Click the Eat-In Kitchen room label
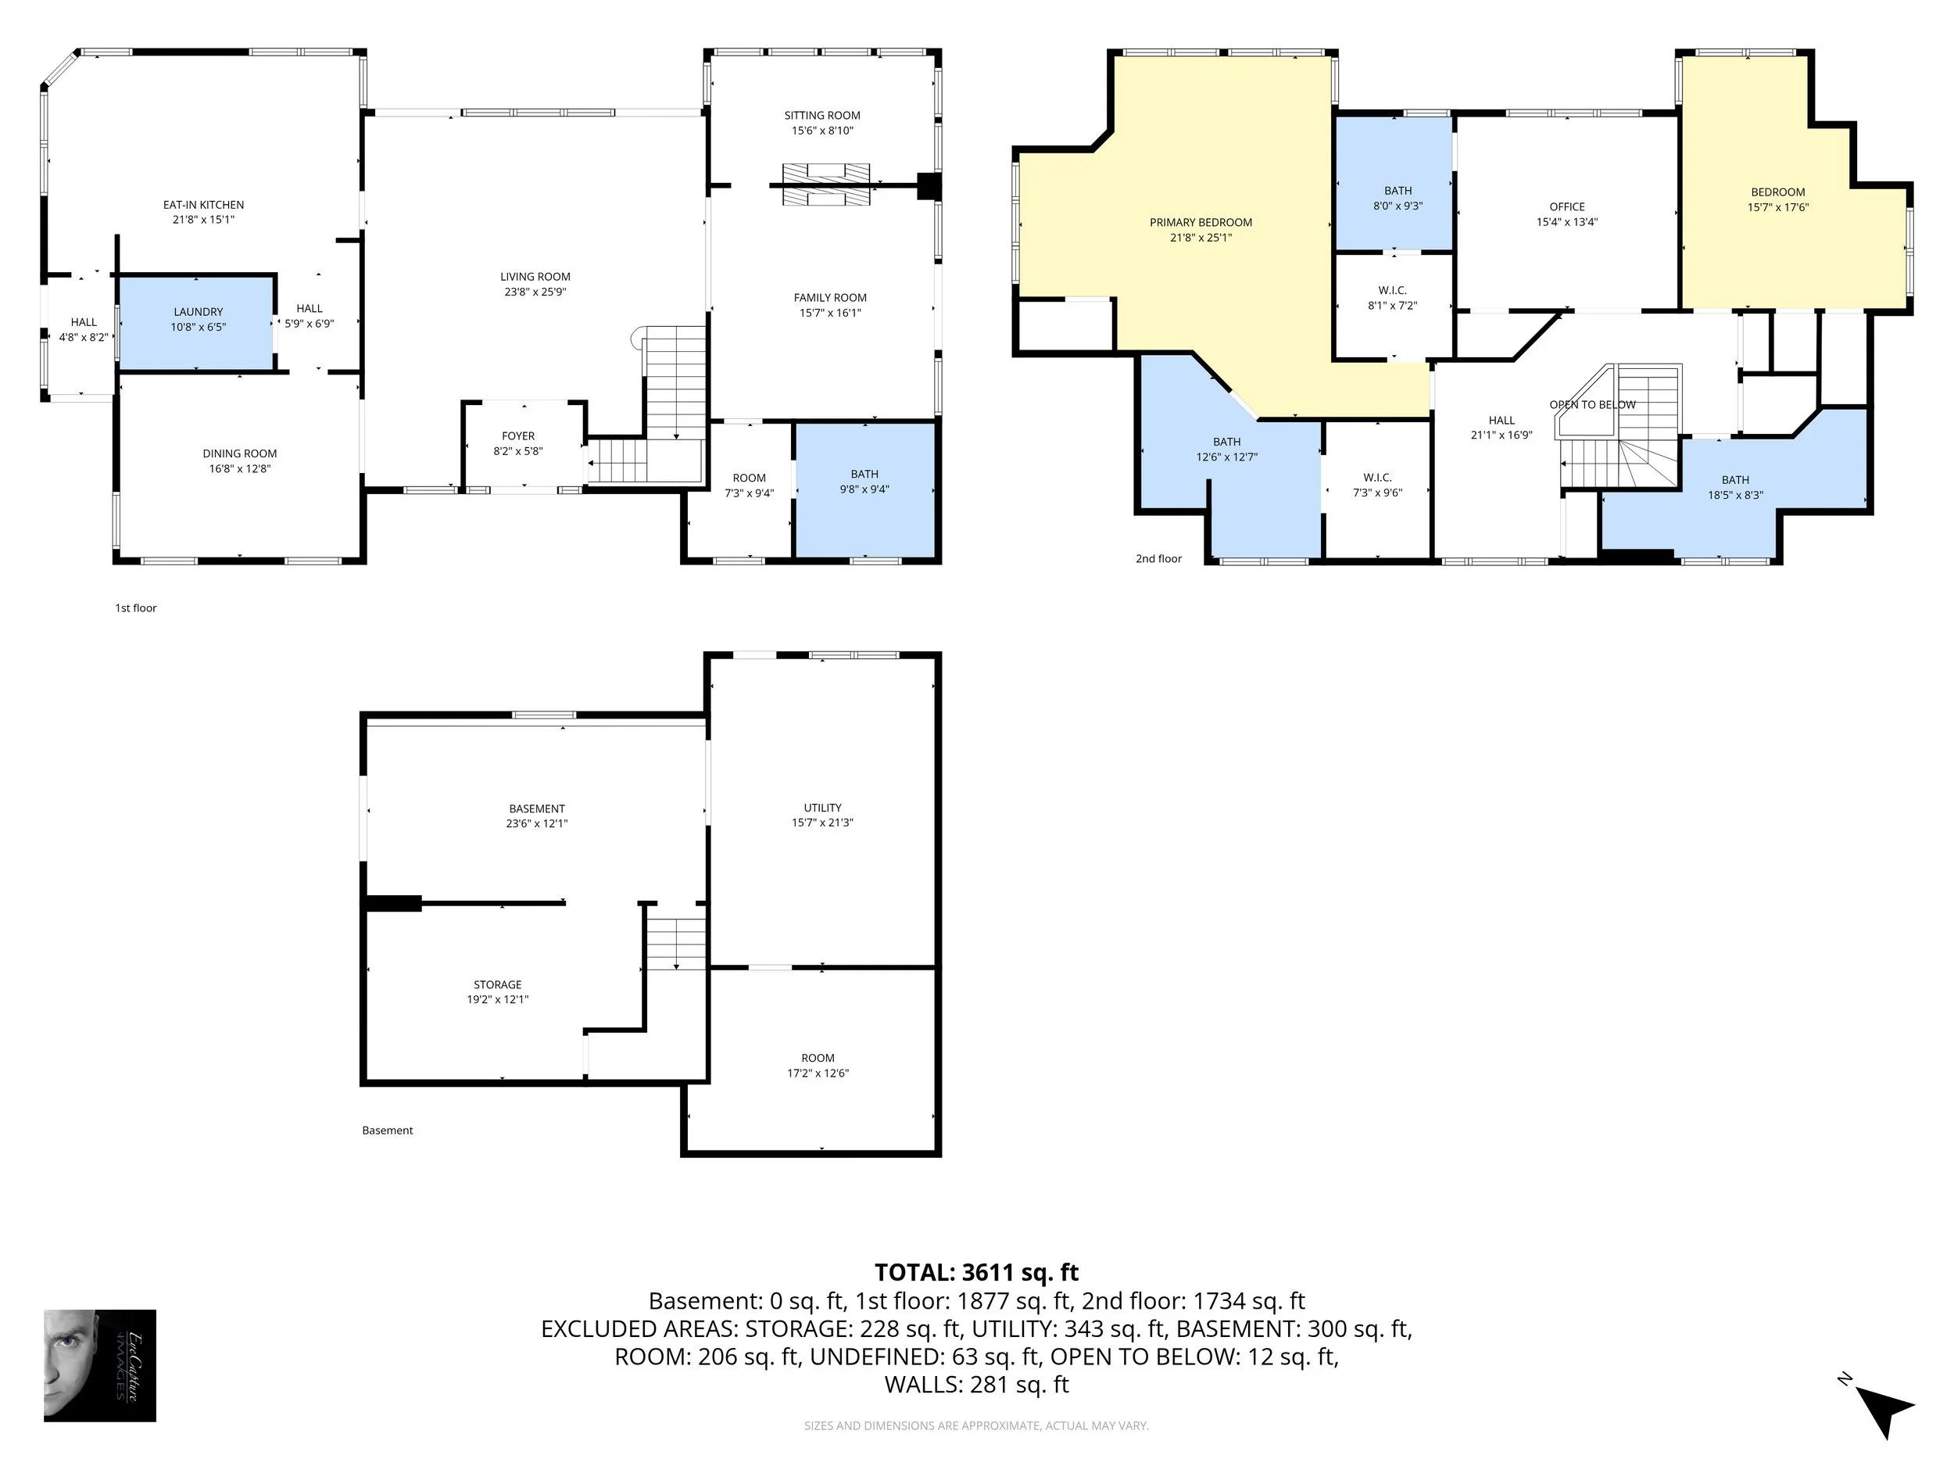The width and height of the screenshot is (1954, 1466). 203,205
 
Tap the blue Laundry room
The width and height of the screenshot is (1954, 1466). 196,324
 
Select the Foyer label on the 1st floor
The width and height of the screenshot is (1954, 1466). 518,435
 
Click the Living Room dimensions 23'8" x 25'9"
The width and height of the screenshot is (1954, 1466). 535,292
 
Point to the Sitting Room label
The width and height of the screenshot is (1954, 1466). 822,116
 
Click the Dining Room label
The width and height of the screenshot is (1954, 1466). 239,454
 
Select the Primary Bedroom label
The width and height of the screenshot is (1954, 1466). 1201,223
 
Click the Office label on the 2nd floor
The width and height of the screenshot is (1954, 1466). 1567,206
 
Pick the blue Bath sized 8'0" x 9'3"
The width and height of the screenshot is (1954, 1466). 1394,184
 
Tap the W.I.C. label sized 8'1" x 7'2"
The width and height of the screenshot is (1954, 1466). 1393,291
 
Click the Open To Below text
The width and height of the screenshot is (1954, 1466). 1593,405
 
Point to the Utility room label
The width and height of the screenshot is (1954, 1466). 822,808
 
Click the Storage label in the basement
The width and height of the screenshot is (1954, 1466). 497,984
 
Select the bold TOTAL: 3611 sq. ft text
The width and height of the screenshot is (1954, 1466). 976,1272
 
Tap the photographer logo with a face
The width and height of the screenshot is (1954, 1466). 100,1365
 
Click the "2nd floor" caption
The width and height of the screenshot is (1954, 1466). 1158,558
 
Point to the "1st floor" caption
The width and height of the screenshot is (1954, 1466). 136,608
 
